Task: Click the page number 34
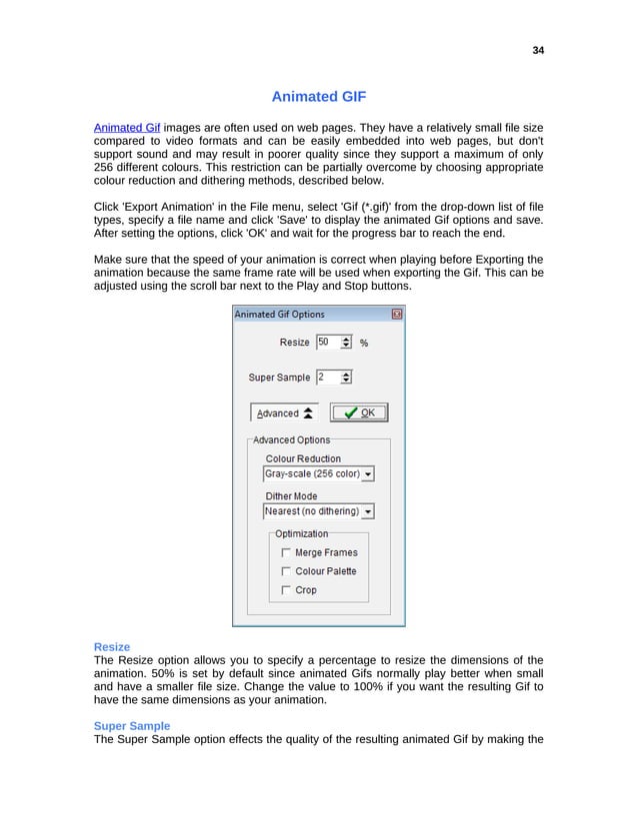[538, 50]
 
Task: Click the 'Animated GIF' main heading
[319, 97]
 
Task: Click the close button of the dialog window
[397, 314]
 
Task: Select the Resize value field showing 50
[326, 342]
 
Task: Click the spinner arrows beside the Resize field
[346, 342]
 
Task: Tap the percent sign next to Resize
[364, 343]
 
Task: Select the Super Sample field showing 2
[326, 377]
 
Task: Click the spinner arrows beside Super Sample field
[346, 377]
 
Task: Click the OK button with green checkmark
[358, 412]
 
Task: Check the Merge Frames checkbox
[287, 552]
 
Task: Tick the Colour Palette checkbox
[287, 571]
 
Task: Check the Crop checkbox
[287, 590]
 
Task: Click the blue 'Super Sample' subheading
[132, 725]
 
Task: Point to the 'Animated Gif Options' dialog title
[279, 314]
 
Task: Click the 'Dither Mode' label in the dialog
[291, 495]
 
